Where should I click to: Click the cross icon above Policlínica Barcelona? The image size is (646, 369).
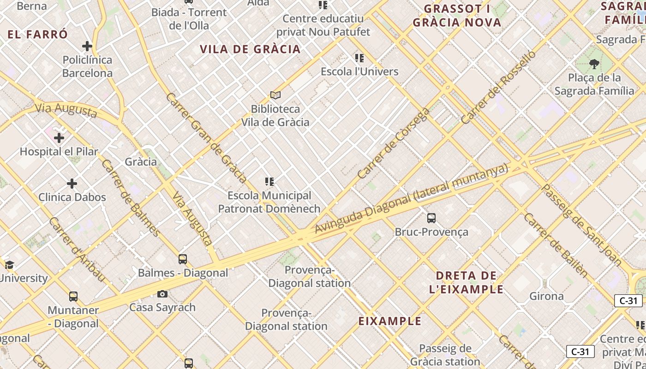(x=87, y=46)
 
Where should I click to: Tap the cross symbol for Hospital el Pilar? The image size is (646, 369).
(x=59, y=138)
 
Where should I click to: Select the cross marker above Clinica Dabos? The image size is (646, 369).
(x=72, y=184)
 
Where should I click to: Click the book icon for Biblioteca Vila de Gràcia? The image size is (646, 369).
(x=275, y=95)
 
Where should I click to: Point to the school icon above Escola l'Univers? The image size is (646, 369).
(x=359, y=58)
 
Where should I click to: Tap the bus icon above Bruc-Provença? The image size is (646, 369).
(x=431, y=218)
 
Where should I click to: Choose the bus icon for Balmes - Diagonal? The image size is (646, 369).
(x=183, y=259)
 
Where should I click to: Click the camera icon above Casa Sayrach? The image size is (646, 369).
(x=162, y=294)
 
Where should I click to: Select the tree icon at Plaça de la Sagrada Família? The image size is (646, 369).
(x=594, y=64)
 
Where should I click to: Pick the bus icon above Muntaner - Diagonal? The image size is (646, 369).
(x=73, y=297)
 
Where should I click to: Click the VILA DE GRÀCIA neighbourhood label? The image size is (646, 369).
(x=250, y=49)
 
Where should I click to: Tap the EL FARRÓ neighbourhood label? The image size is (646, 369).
(x=38, y=35)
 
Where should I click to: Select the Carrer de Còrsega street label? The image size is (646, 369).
(x=394, y=143)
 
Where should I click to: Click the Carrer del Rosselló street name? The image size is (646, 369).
(x=498, y=87)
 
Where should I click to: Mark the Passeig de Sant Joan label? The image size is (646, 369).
(x=581, y=225)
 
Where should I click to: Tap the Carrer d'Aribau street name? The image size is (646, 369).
(x=77, y=250)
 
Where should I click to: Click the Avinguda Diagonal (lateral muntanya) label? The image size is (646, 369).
(x=412, y=199)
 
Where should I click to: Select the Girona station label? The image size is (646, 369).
(x=546, y=296)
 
